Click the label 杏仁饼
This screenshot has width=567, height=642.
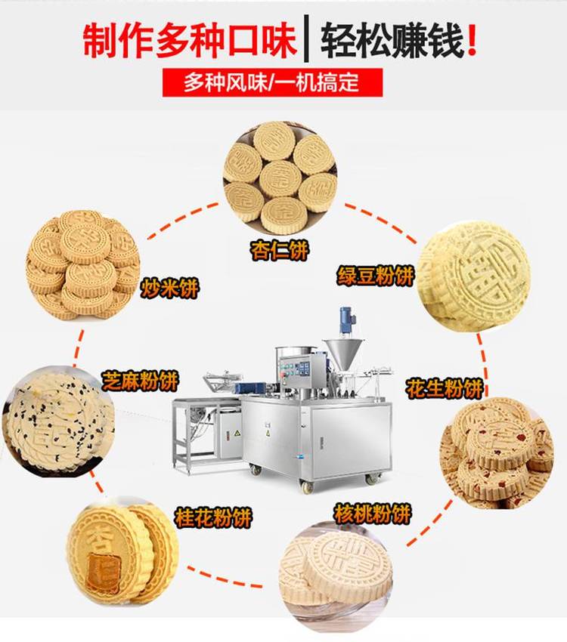click(279, 250)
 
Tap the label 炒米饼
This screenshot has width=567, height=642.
click(169, 288)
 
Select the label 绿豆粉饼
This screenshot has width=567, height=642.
click(376, 275)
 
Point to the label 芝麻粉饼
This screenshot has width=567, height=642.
click(140, 381)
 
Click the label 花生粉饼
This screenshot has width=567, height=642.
click(444, 388)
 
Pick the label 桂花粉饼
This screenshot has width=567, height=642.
click(213, 517)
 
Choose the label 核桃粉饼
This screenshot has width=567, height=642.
click(372, 514)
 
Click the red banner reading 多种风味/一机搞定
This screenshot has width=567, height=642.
click(272, 82)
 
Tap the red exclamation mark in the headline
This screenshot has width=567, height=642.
click(472, 40)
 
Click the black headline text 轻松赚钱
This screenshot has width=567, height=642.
click(392, 40)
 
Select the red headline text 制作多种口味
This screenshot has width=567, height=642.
click(190, 40)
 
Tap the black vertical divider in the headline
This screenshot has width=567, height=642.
click(306, 38)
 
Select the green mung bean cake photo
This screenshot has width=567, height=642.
click(473, 276)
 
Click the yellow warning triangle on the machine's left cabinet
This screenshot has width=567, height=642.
click(237, 434)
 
